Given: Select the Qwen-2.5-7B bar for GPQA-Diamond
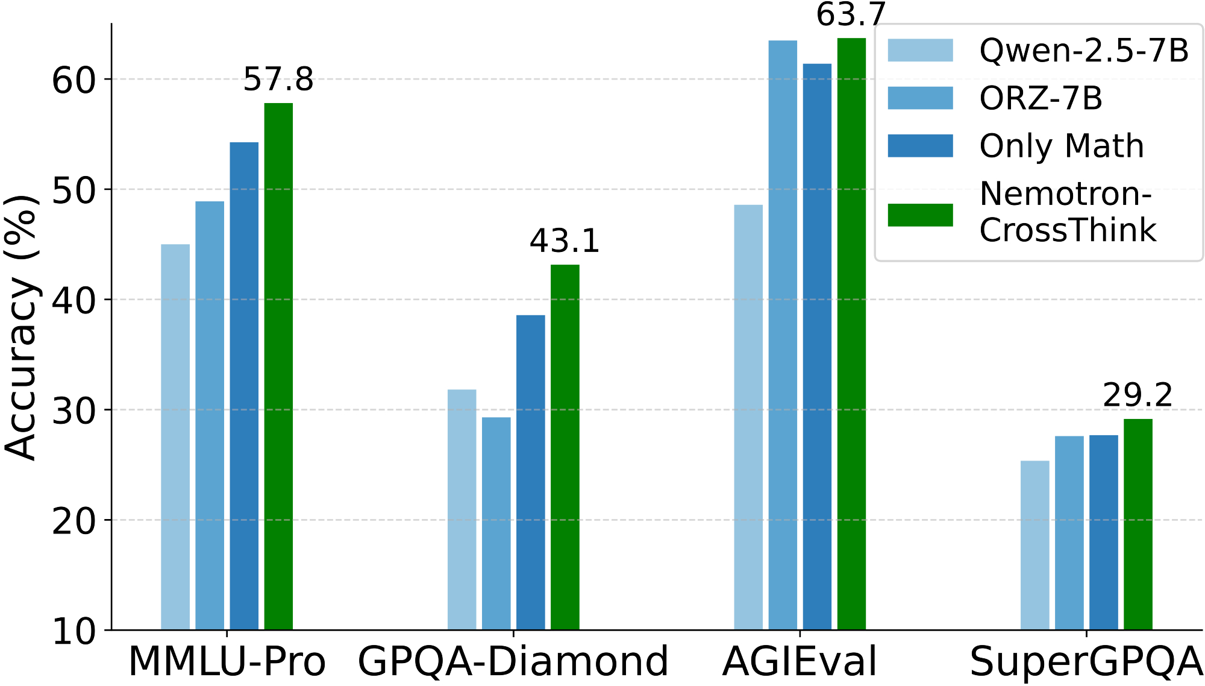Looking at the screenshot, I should [x=462, y=509].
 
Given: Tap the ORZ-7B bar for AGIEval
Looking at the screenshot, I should [x=783, y=335].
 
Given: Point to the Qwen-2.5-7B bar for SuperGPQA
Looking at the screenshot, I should [x=1034, y=545].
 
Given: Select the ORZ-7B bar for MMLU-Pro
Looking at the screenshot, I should [x=210, y=415].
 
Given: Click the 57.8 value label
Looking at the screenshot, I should [x=278, y=80].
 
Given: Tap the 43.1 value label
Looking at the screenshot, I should [x=565, y=241].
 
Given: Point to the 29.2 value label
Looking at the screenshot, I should [x=1138, y=395].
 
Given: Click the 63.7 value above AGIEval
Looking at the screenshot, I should [x=851, y=14].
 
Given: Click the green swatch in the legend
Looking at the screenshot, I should [x=920, y=215].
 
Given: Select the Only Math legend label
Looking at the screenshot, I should [x=1062, y=146].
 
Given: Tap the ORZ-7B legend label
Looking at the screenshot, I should [x=1041, y=98].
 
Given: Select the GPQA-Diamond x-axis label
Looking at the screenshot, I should [x=513, y=661].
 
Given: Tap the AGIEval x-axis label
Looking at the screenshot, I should [x=799, y=661].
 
